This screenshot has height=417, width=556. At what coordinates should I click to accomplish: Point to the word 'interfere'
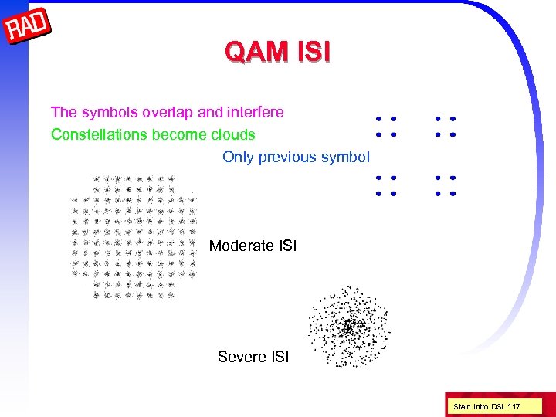(254, 113)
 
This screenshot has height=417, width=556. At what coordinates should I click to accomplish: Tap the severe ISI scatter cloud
(349, 327)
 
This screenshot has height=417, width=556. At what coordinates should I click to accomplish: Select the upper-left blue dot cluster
(385, 127)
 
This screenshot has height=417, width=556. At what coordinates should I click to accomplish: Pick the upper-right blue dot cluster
(445, 127)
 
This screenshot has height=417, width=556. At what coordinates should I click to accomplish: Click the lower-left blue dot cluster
(385, 185)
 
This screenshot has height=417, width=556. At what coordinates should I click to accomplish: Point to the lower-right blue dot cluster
(445, 185)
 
